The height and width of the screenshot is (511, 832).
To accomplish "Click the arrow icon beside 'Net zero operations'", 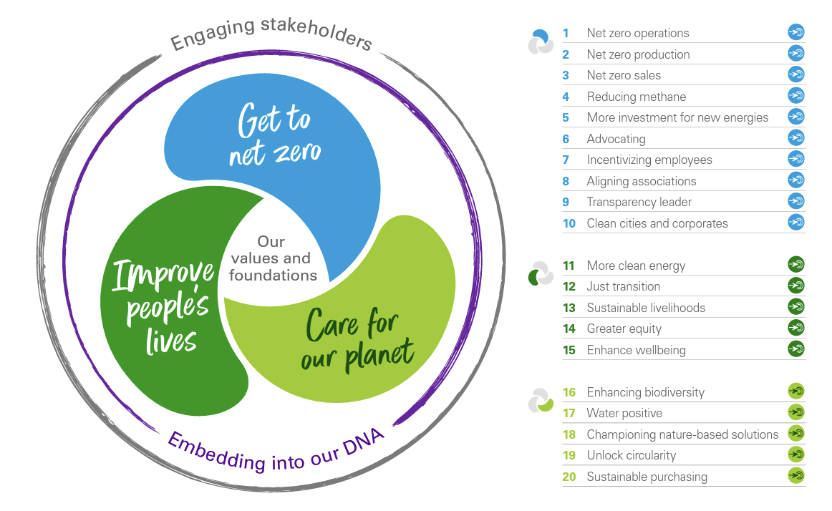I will (796, 32).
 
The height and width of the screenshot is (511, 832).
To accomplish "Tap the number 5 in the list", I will (566, 117).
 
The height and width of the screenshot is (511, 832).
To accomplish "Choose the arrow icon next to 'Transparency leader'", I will (796, 201).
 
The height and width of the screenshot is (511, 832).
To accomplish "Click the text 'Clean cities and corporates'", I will (657, 223).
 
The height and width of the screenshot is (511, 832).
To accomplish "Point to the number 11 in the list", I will (569, 266).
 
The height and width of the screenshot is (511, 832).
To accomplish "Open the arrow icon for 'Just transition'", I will (796, 286).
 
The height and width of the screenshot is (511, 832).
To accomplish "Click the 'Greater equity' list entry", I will (624, 328).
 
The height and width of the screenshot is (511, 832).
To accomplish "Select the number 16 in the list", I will (569, 392).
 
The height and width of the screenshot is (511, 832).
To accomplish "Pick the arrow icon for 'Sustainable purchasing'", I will (796, 475).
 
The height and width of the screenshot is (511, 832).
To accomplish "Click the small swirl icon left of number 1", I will (540, 42).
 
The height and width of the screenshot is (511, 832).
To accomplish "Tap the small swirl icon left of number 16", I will (541, 400).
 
